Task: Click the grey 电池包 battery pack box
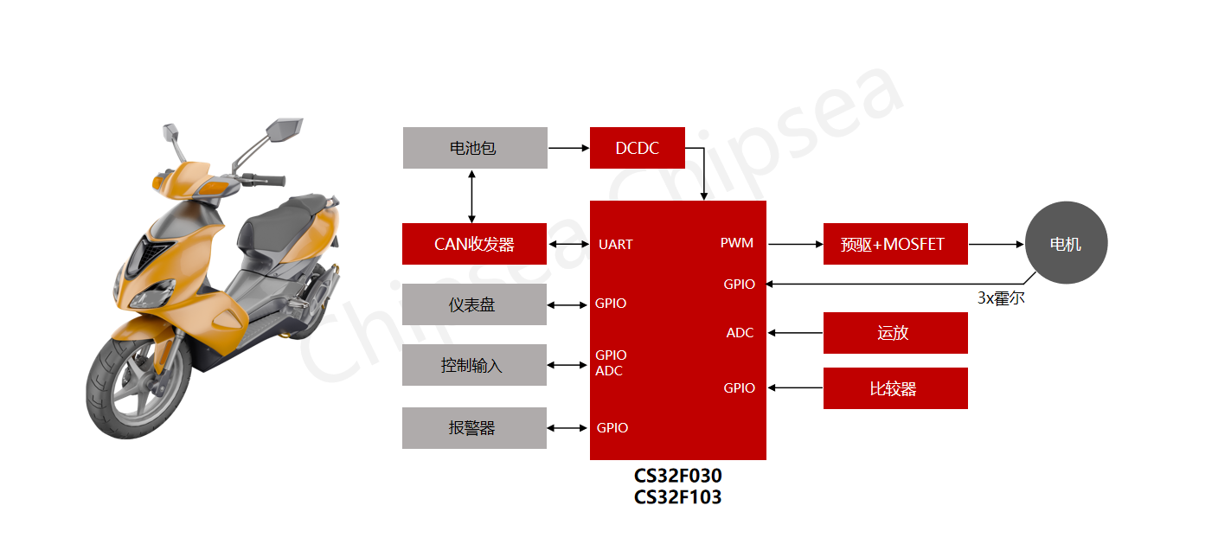coord(475,148)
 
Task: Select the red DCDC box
coord(638,148)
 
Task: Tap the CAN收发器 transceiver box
coord(474,244)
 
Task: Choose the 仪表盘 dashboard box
coord(474,304)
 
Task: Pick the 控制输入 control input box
coord(474,365)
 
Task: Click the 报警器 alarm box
coord(474,428)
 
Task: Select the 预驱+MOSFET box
coord(895,244)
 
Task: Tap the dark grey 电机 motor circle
coord(1066,244)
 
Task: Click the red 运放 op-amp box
coord(895,333)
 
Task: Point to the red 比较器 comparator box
coord(895,388)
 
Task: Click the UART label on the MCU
coord(615,245)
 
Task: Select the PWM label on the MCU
coord(737,243)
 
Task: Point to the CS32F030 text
coord(677,477)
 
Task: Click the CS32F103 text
coord(677,497)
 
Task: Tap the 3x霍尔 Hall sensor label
coord(1001,298)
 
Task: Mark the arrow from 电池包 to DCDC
coord(568,148)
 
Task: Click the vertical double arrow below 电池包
coord(471,196)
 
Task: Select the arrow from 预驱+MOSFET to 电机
coord(996,244)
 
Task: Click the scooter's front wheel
coord(131,389)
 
